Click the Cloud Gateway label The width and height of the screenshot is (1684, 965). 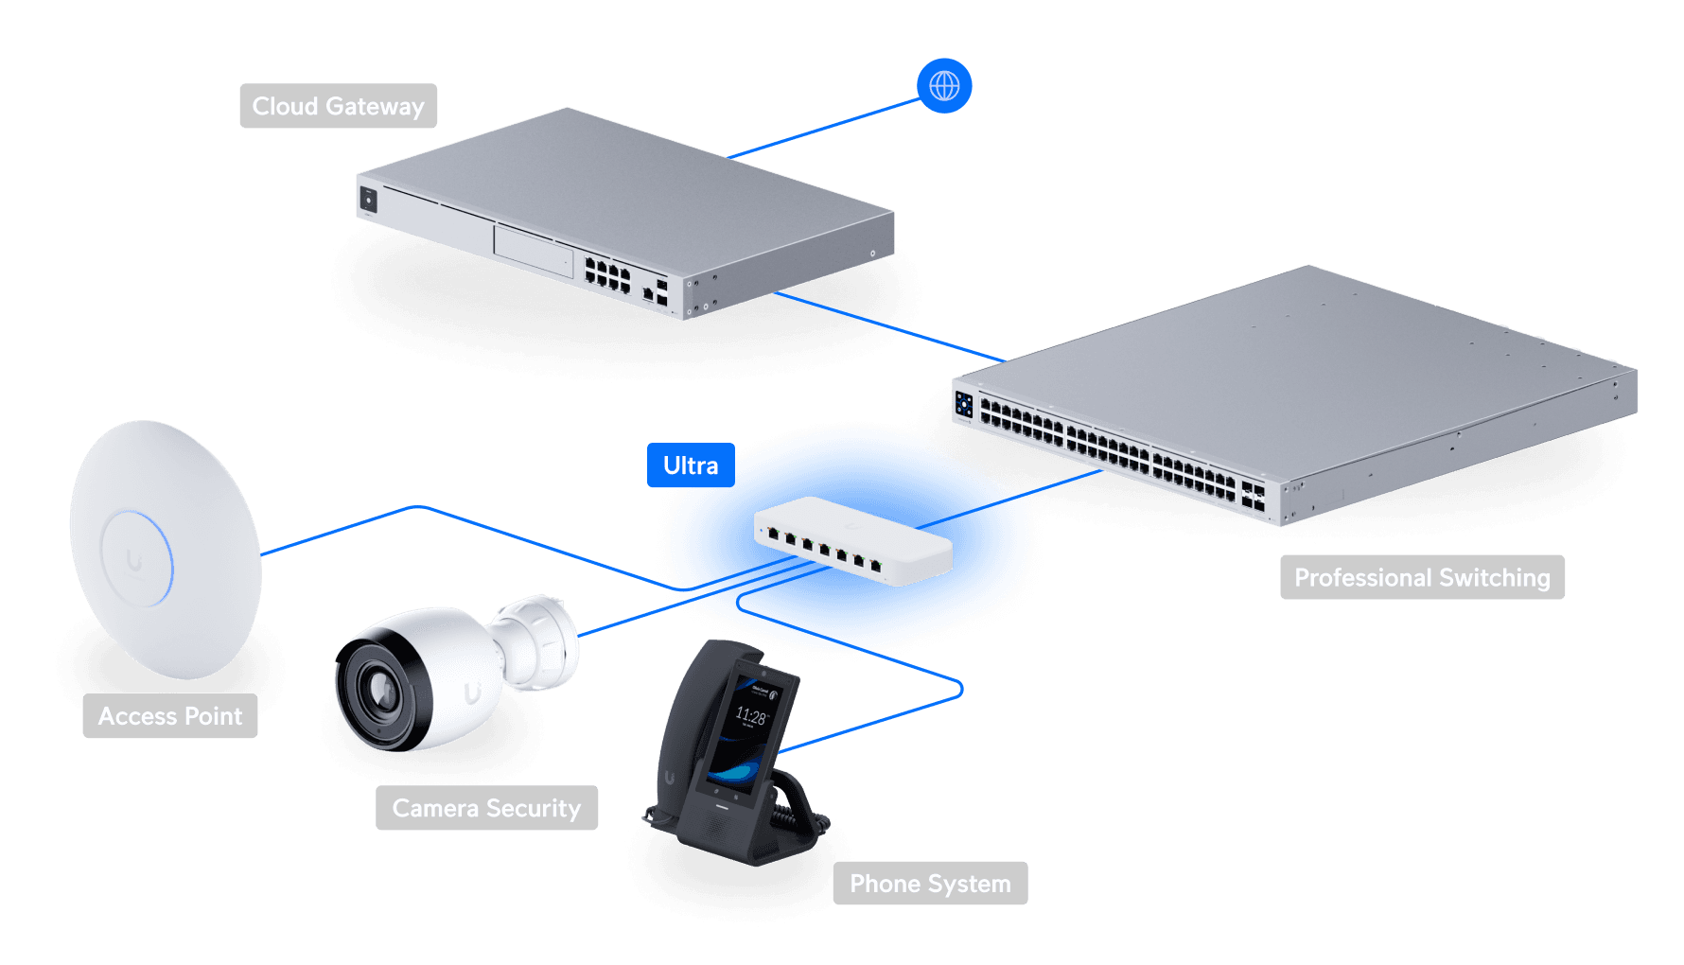[338, 106]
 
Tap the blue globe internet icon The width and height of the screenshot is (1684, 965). [944, 86]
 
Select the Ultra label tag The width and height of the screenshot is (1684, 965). [691, 465]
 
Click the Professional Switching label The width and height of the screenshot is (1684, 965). [1422, 577]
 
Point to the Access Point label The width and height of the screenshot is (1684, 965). [170, 716]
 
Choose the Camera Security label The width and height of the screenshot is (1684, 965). [486, 808]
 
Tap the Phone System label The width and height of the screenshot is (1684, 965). [930, 884]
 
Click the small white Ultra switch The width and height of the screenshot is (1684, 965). [851, 541]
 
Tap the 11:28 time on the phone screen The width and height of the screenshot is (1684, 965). [750, 716]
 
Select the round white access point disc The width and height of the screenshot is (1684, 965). [166, 549]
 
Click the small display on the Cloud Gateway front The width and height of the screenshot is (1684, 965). [368, 200]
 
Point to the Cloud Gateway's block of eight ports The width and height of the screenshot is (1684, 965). [607, 274]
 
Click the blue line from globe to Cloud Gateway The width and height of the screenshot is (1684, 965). [823, 129]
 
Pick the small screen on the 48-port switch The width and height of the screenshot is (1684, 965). [964, 405]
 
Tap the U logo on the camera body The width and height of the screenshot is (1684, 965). [472, 694]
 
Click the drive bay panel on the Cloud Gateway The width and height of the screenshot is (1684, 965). [534, 248]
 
